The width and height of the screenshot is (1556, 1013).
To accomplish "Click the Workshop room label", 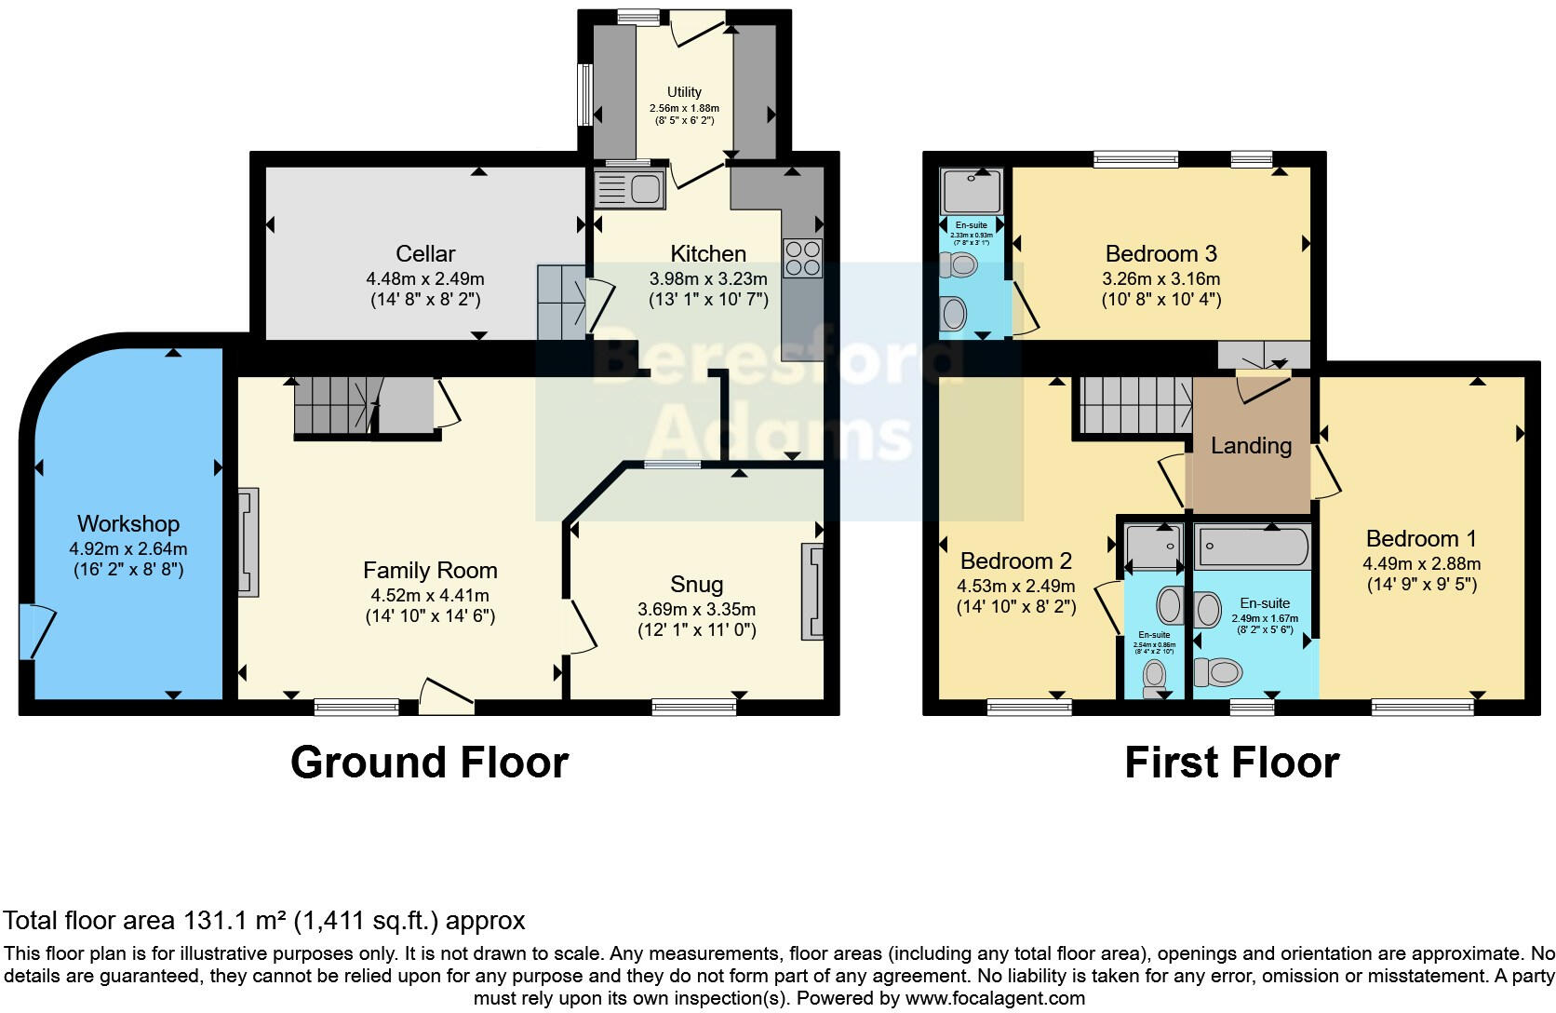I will coord(128,523).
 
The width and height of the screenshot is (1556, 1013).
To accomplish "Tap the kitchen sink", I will coord(630,189).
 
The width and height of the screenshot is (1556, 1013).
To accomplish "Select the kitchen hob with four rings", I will coord(802,258).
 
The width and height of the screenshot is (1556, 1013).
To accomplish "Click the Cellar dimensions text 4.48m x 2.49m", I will coord(425,278).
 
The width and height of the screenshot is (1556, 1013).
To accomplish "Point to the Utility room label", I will coord(684,92).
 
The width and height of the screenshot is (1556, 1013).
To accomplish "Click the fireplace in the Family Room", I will coord(248,542).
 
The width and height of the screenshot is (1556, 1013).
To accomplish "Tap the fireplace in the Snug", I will coord(812,592).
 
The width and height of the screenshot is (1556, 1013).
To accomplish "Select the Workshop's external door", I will coord(37,630).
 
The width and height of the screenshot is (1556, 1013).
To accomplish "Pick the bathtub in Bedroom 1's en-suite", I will coord(1254,547).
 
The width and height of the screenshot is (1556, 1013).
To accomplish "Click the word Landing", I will coord(1251,445).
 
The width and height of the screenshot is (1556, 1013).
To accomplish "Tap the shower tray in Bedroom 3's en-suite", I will coord(972,191).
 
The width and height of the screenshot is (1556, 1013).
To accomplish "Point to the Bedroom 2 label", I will coord(1015,561).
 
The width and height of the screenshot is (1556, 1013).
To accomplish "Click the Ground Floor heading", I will coord(429,763).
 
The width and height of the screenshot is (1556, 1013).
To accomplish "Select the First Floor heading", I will coord(1231,763).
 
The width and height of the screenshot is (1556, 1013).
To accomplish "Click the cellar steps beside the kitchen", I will coord(561,301).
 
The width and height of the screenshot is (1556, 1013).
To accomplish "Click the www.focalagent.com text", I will coord(995,998).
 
